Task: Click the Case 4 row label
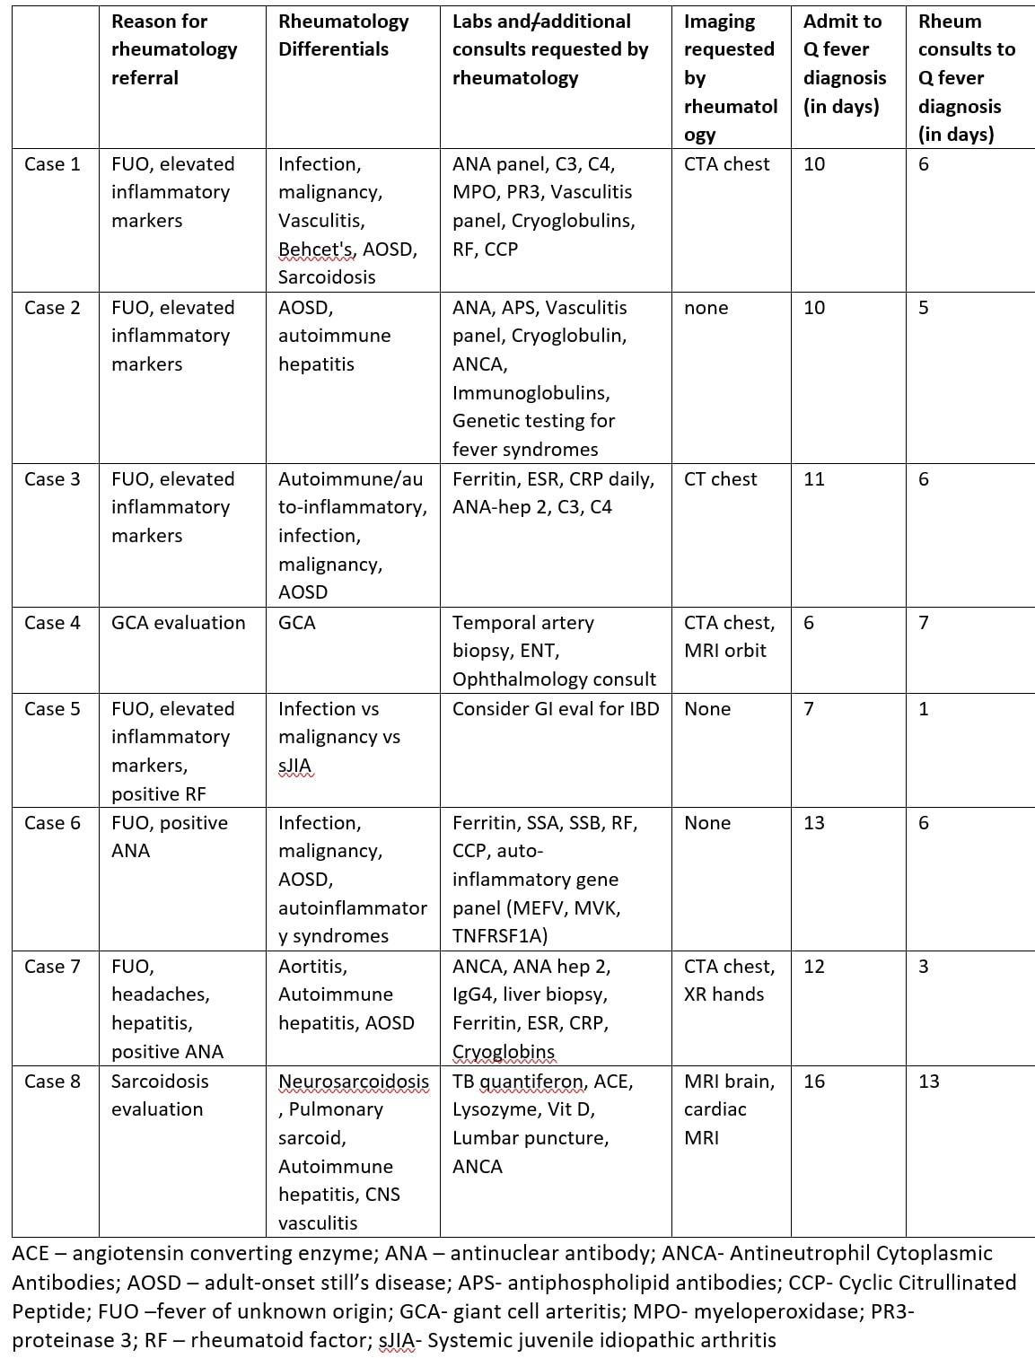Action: pyautogui.click(x=52, y=622)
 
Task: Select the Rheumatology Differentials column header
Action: pyautogui.click(x=343, y=35)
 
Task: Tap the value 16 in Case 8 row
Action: pyautogui.click(x=814, y=1081)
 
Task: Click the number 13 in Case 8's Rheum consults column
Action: pyautogui.click(x=929, y=1081)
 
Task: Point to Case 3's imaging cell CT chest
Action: pyautogui.click(x=720, y=478)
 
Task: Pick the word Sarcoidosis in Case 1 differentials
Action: pyautogui.click(x=327, y=276)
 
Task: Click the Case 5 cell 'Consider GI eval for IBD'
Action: pyautogui.click(x=556, y=708)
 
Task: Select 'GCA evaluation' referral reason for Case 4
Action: pyautogui.click(x=178, y=622)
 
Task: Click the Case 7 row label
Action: pyautogui.click(x=52, y=966)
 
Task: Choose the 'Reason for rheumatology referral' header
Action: pyautogui.click(x=174, y=49)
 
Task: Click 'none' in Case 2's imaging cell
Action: pyautogui.click(x=706, y=307)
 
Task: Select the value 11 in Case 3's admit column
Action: pyautogui.click(x=813, y=478)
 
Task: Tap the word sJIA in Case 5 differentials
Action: pyautogui.click(x=294, y=765)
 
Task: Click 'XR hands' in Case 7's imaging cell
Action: pyautogui.click(x=724, y=994)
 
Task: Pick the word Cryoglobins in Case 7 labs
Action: pyautogui.click(x=503, y=1051)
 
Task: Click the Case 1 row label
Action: pyautogui.click(x=52, y=163)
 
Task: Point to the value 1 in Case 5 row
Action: pyautogui.click(x=924, y=708)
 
